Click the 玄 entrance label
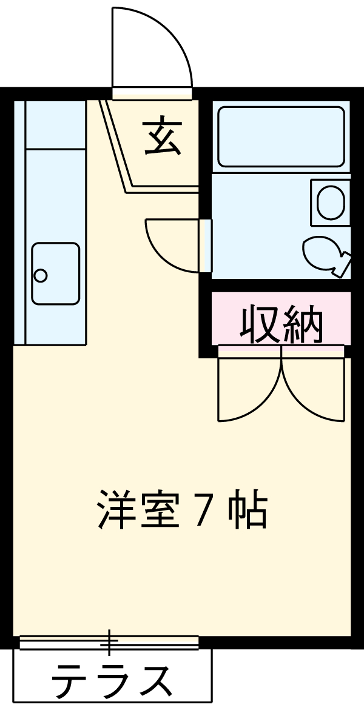[x=163, y=137]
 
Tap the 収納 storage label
[x=281, y=325]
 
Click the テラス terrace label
[x=112, y=682]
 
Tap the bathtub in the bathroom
[x=281, y=136]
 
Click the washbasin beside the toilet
[x=330, y=203]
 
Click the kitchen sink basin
[x=55, y=273]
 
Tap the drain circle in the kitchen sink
[x=41, y=276]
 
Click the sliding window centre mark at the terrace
[x=110, y=642]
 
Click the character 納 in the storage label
[x=303, y=325]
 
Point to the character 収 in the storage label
[x=260, y=325]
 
